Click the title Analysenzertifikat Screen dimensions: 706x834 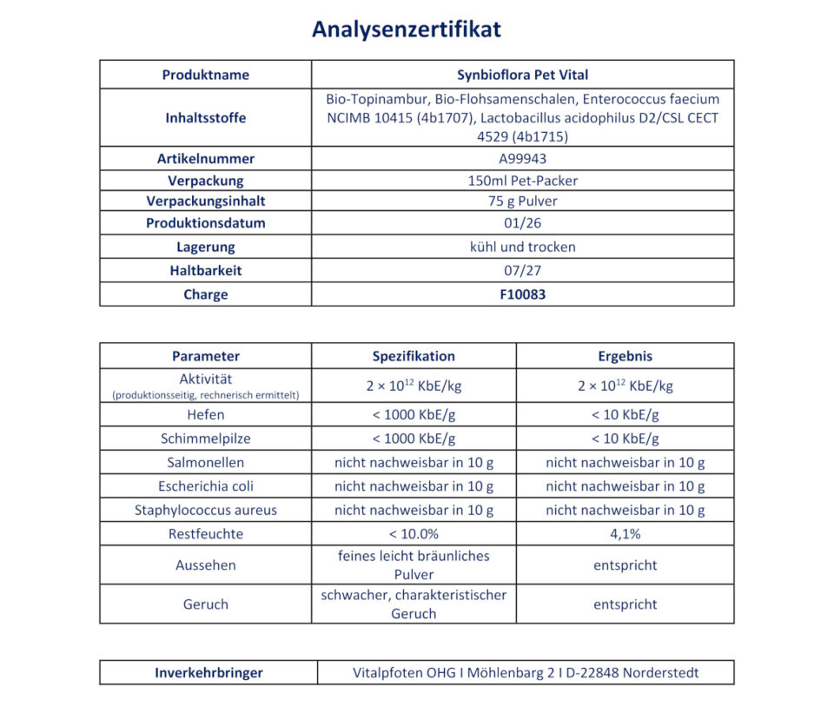[x=406, y=30]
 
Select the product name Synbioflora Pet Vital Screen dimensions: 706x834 [x=522, y=75]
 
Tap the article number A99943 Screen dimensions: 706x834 [x=522, y=159]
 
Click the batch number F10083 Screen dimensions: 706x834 [x=522, y=294]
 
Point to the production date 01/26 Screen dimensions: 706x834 [x=522, y=223]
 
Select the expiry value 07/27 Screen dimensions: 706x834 [x=522, y=270]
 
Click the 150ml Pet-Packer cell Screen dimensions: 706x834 [x=522, y=181]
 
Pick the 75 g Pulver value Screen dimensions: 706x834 [x=522, y=201]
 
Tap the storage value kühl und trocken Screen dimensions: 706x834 [x=522, y=247]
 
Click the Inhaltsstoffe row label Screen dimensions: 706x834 [x=205, y=118]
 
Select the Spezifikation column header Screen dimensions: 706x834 [x=414, y=356]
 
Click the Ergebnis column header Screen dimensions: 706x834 [x=625, y=356]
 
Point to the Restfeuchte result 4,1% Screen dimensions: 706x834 [x=625, y=534]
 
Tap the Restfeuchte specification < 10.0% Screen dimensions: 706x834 [x=414, y=534]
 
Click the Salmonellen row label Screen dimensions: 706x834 [x=205, y=463]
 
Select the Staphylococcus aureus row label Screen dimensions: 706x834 [x=205, y=511]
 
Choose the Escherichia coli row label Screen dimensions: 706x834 [x=205, y=486]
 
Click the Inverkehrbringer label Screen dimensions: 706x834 [x=208, y=673]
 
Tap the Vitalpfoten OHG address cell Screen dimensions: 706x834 [x=526, y=673]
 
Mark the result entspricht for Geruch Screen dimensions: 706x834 [x=625, y=604]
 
